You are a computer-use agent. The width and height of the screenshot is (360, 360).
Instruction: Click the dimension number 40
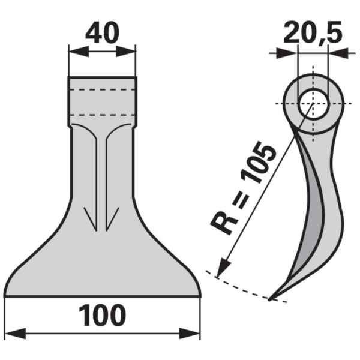coord(102,33)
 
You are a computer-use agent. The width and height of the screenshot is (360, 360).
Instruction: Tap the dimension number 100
coord(102,316)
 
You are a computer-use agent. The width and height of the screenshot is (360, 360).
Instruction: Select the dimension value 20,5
coord(313,33)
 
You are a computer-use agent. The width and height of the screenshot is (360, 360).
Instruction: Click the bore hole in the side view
coord(313,104)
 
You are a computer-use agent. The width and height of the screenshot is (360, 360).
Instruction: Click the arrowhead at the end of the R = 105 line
coord(223,267)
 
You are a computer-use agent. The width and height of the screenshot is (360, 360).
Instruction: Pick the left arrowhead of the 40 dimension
coord(79,52)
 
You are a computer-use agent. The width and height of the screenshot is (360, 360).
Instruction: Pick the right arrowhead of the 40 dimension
coord(125,52)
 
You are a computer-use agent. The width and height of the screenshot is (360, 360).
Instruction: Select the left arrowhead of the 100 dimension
coord(15,334)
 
